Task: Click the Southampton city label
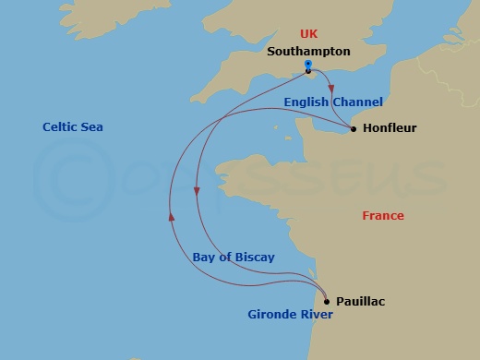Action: pyautogui.click(x=307, y=52)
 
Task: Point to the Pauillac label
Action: pyautogui.click(x=361, y=301)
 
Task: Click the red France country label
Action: pyautogui.click(x=383, y=216)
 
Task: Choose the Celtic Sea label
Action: pyautogui.click(x=73, y=127)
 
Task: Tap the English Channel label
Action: pyautogui.click(x=333, y=102)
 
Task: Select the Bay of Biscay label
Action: pyautogui.click(x=234, y=258)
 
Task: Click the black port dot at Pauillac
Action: pyautogui.click(x=326, y=301)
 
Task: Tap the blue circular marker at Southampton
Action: pyautogui.click(x=307, y=65)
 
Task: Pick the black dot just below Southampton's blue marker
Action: pyautogui.click(x=307, y=71)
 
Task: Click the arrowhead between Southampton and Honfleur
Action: pyautogui.click(x=330, y=89)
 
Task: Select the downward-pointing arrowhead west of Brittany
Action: pyautogui.click(x=197, y=191)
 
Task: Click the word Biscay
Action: pyautogui.click(x=255, y=258)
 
